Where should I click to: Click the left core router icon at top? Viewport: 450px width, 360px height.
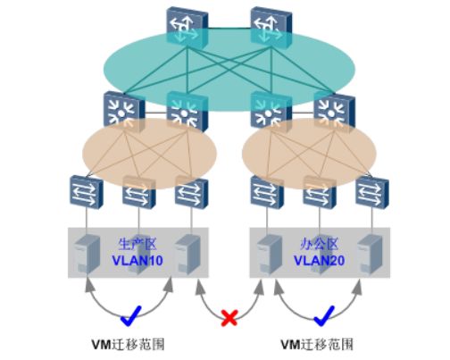click(x=187, y=28)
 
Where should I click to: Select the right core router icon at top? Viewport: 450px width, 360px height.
click(x=271, y=28)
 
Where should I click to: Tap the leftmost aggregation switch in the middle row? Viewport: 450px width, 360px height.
click(x=124, y=111)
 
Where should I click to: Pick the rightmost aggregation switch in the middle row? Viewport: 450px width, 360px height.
click(x=335, y=111)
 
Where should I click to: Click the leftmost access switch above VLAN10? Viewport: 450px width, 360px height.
click(x=87, y=192)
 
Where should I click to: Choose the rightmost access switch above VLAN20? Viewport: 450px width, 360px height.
click(x=372, y=192)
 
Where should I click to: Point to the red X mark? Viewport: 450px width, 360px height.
click(x=229, y=317)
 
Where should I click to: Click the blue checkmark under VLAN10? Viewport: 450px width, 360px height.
click(x=130, y=315)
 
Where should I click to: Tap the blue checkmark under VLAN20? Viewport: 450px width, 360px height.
click(x=324, y=315)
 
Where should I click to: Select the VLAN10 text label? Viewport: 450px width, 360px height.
click(x=137, y=261)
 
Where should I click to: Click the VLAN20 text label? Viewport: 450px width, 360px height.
click(x=320, y=261)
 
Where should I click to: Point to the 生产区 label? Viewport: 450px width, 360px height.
click(x=137, y=244)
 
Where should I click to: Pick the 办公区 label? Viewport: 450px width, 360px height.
click(x=320, y=244)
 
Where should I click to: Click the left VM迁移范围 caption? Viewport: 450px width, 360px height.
click(x=128, y=345)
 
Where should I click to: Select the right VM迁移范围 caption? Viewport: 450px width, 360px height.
click(x=317, y=345)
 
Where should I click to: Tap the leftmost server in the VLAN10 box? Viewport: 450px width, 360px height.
click(x=87, y=254)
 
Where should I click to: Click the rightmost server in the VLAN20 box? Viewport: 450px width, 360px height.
click(x=370, y=254)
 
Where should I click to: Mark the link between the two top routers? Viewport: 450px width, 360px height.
click(x=229, y=28)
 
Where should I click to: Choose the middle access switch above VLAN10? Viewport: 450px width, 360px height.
click(x=139, y=192)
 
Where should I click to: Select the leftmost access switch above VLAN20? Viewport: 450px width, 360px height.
click(x=267, y=192)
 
